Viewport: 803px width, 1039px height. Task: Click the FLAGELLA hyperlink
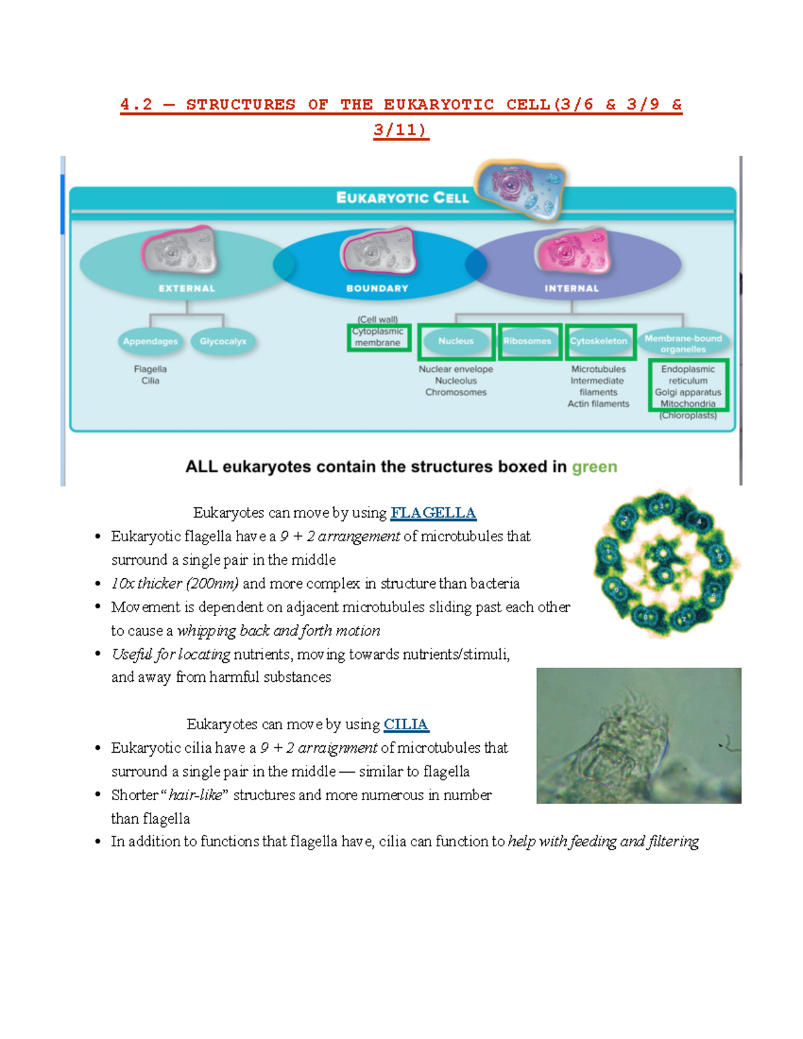pos(433,513)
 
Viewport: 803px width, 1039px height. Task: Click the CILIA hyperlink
pos(406,725)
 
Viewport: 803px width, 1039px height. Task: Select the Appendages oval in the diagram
pos(150,341)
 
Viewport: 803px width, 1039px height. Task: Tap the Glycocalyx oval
pos(223,341)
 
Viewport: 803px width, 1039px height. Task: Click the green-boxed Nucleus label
pos(456,341)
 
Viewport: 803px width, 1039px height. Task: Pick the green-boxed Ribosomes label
pos(528,341)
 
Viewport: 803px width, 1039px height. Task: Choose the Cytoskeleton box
pos(599,341)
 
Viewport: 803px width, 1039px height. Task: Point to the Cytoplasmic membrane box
pos(378,337)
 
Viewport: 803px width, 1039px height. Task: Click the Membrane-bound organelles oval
pos(683,343)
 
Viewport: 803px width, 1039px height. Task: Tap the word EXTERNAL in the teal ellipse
pos(187,288)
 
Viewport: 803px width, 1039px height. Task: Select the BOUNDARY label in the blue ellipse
pos(377,288)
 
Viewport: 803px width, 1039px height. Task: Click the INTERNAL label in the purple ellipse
pos(571,288)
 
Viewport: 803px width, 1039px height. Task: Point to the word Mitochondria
pos(688,403)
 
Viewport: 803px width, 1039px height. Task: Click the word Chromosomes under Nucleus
pos(456,392)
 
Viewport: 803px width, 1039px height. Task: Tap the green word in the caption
pos(594,467)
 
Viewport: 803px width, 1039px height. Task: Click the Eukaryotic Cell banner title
pos(402,198)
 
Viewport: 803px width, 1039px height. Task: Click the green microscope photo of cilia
pos(638,735)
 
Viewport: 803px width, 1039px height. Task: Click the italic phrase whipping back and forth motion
pos(278,631)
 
